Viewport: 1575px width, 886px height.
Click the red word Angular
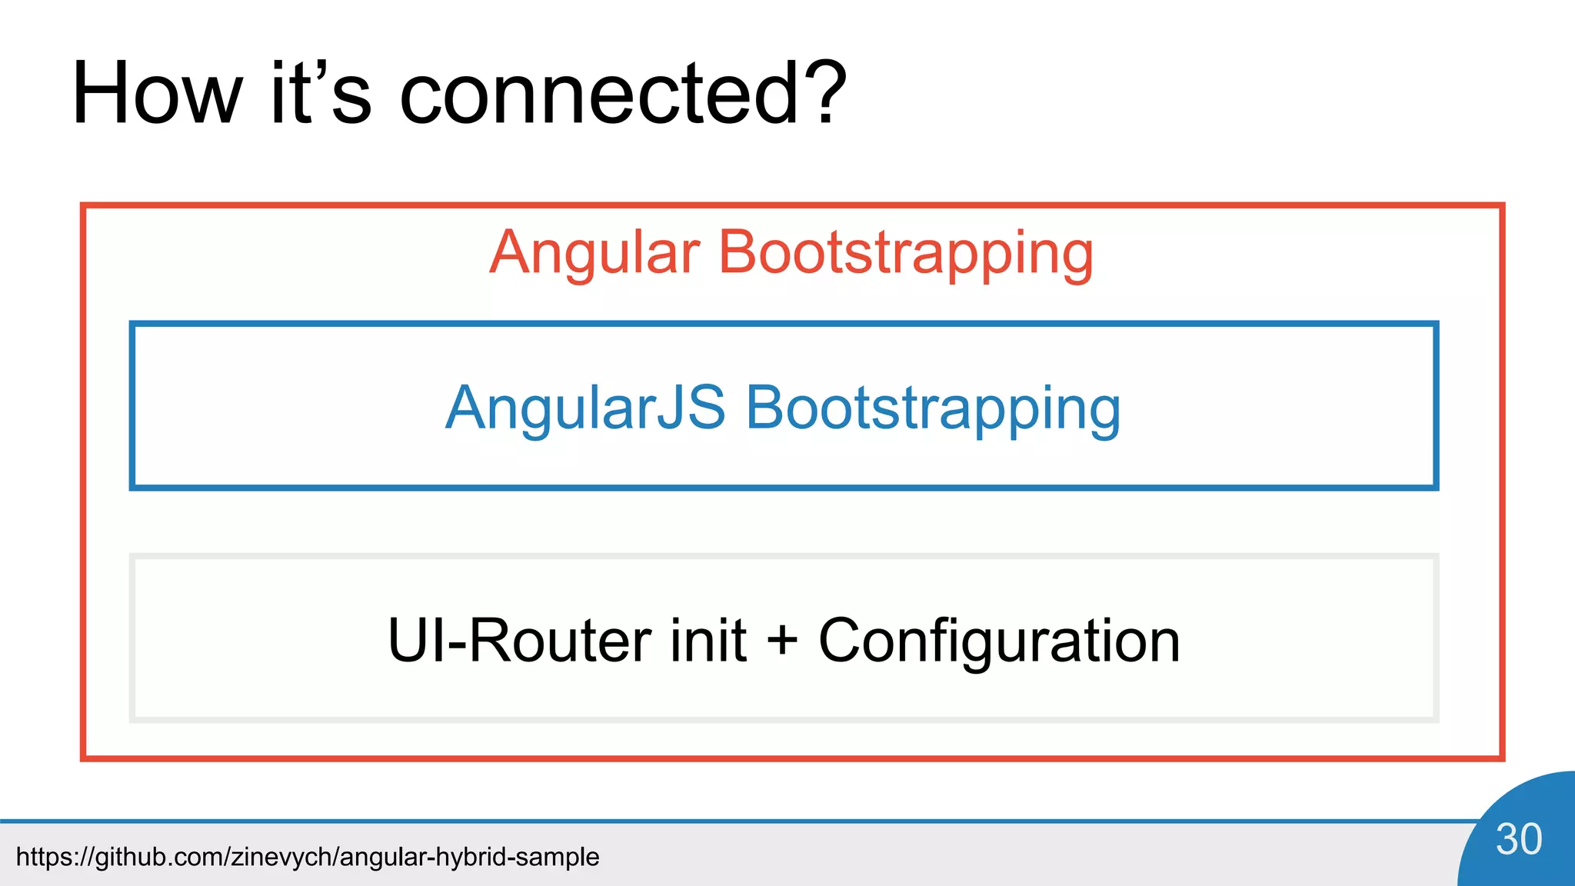594,254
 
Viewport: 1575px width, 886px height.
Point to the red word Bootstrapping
905,254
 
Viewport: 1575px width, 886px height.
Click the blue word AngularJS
585,408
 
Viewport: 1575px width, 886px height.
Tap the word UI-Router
520,640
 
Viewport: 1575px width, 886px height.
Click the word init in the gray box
708,640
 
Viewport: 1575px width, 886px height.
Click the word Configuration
998,641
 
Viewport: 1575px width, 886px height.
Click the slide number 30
1518,839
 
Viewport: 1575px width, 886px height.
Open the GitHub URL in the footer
308,857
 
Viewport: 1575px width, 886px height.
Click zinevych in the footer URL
281,857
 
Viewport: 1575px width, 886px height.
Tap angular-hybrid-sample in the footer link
469,857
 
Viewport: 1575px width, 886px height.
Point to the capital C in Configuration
840,640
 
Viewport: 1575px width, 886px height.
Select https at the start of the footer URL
42,857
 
